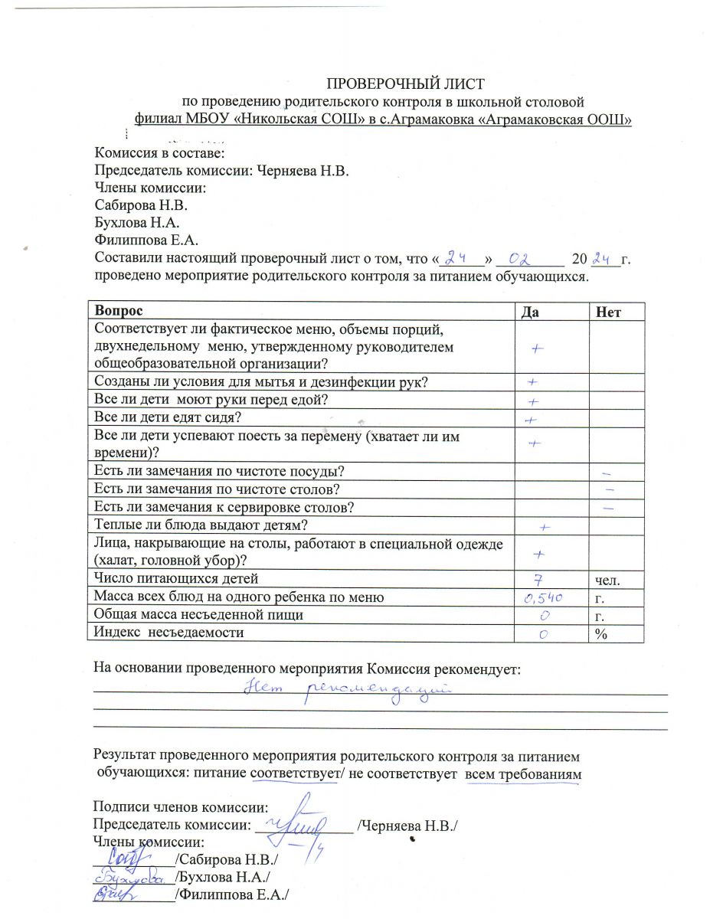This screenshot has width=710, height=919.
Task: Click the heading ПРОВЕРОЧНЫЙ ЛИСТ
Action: (405, 83)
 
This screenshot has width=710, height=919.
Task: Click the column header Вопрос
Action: (118, 311)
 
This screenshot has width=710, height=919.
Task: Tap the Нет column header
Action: (607, 312)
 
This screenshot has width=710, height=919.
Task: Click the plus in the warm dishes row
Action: (544, 528)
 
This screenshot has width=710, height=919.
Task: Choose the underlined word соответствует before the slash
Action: (295, 774)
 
